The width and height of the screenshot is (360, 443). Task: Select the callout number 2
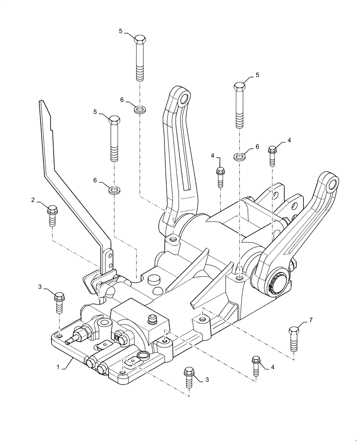[33, 200]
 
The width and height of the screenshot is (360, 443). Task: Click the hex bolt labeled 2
[52, 215]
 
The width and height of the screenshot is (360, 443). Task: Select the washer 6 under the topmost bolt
[140, 109]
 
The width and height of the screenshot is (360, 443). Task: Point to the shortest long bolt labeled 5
[114, 138]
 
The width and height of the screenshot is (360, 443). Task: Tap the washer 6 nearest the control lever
[114, 190]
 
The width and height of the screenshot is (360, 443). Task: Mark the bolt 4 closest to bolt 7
[256, 365]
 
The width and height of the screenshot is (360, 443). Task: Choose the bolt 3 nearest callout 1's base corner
[59, 302]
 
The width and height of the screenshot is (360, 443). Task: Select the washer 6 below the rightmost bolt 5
[240, 157]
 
